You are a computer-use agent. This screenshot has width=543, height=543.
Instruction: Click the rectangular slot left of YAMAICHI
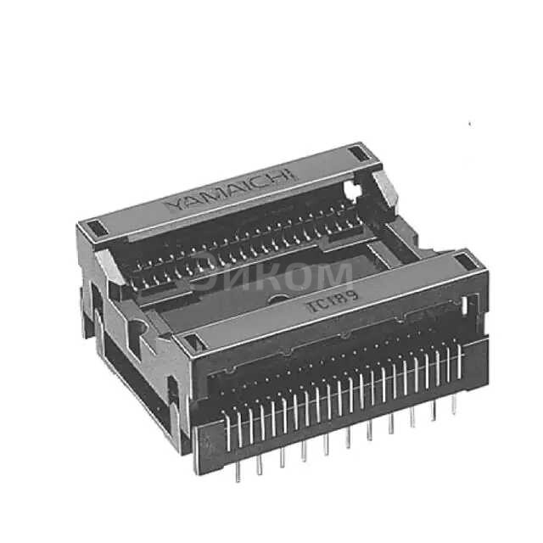tap(94, 227)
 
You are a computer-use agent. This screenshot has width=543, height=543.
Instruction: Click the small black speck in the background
tap(469, 125)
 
